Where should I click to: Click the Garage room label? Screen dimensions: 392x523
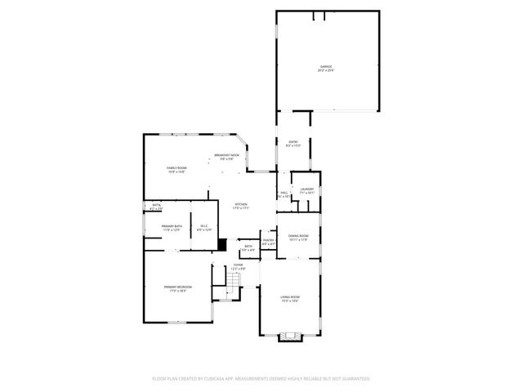pos(326,67)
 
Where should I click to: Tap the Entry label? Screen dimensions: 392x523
pos(293,143)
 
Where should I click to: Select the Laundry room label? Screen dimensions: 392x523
pos(306,190)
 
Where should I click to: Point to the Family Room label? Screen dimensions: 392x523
pos(177,169)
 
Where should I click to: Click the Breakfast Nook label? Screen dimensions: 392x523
pos(226,156)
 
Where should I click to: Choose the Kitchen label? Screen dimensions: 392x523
pos(241,206)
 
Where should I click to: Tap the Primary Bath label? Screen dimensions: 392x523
pos(170,228)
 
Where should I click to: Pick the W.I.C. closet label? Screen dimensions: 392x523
pos(203,228)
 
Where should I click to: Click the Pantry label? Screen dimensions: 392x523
pos(268,241)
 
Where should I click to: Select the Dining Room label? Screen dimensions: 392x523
pos(297,238)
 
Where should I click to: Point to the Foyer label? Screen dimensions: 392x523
pos(238,266)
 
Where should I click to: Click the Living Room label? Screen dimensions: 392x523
pos(290,298)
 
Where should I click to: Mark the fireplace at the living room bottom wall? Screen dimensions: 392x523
pos(290,336)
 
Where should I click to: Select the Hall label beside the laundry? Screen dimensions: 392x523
pos(284,194)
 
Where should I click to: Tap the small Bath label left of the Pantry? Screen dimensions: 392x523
pos(248,247)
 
